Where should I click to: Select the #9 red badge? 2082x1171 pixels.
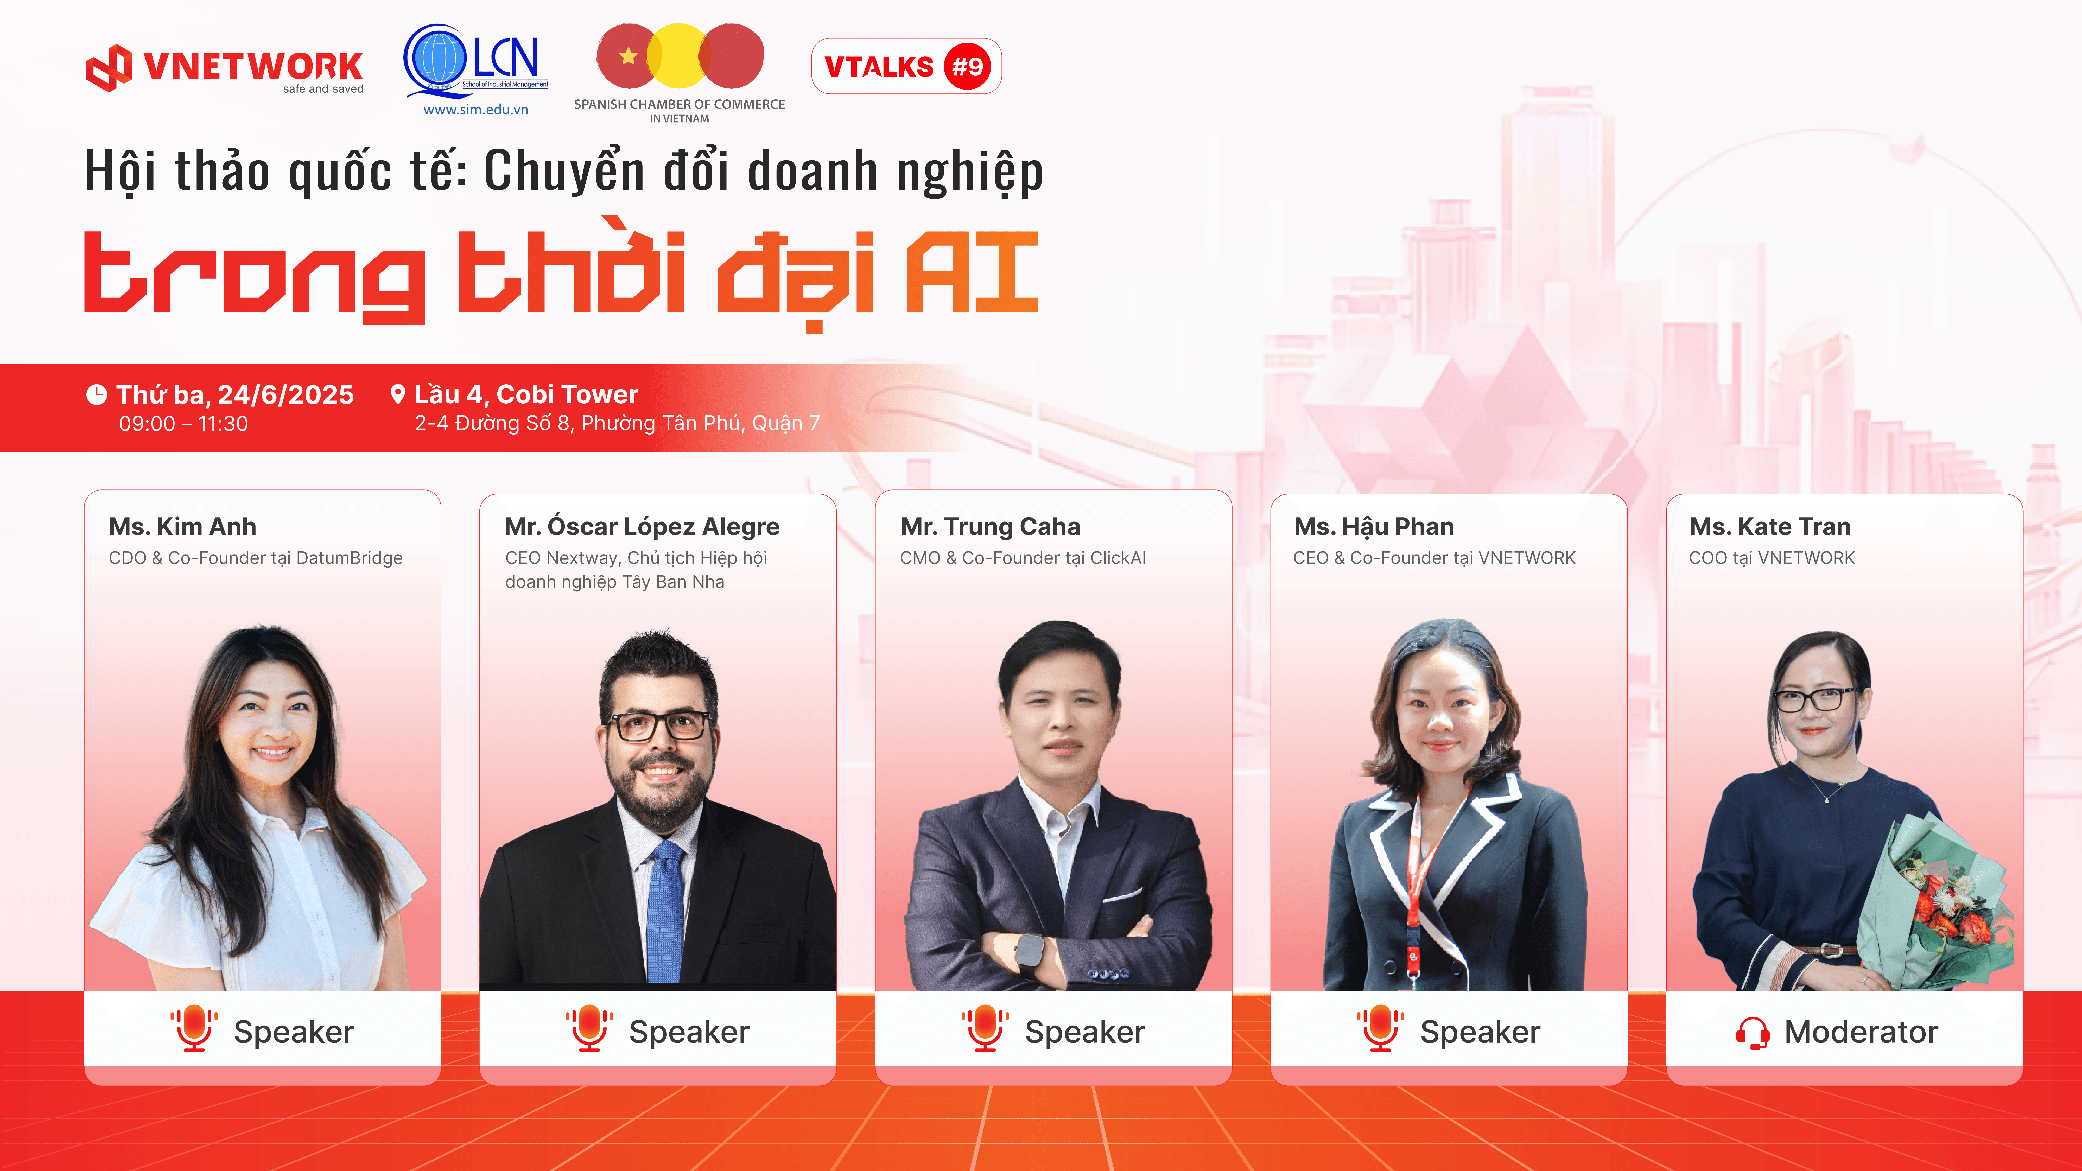967,66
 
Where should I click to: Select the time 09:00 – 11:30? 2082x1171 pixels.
183,423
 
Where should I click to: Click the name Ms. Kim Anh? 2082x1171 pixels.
183,527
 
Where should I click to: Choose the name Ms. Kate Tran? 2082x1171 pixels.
1770,527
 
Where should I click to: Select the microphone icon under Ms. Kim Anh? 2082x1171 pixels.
194,1028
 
